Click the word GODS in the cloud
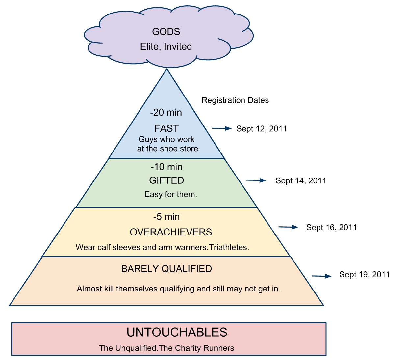click(x=166, y=32)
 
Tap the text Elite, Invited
click(x=166, y=46)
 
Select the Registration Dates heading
click(x=235, y=100)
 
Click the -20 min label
click(x=166, y=112)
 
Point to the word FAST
click(x=166, y=128)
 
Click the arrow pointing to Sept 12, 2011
click(x=221, y=128)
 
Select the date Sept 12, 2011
click(x=262, y=129)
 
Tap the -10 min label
click(x=166, y=167)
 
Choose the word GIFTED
click(x=166, y=180)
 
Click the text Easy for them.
click(x=171, y=194)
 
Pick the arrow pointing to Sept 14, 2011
click(x=256, y=180)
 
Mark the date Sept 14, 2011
click(x=301, y=180)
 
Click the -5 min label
click(x=166, y=217)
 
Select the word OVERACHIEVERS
click(x=171, y=232)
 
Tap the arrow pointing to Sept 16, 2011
click(x=288, y=227)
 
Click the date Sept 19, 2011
click(x=365, y=275)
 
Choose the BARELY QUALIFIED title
click(x=166, y=269)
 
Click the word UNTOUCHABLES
click(x=177, y=332)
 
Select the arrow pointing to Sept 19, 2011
click(x=321, y=276)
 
